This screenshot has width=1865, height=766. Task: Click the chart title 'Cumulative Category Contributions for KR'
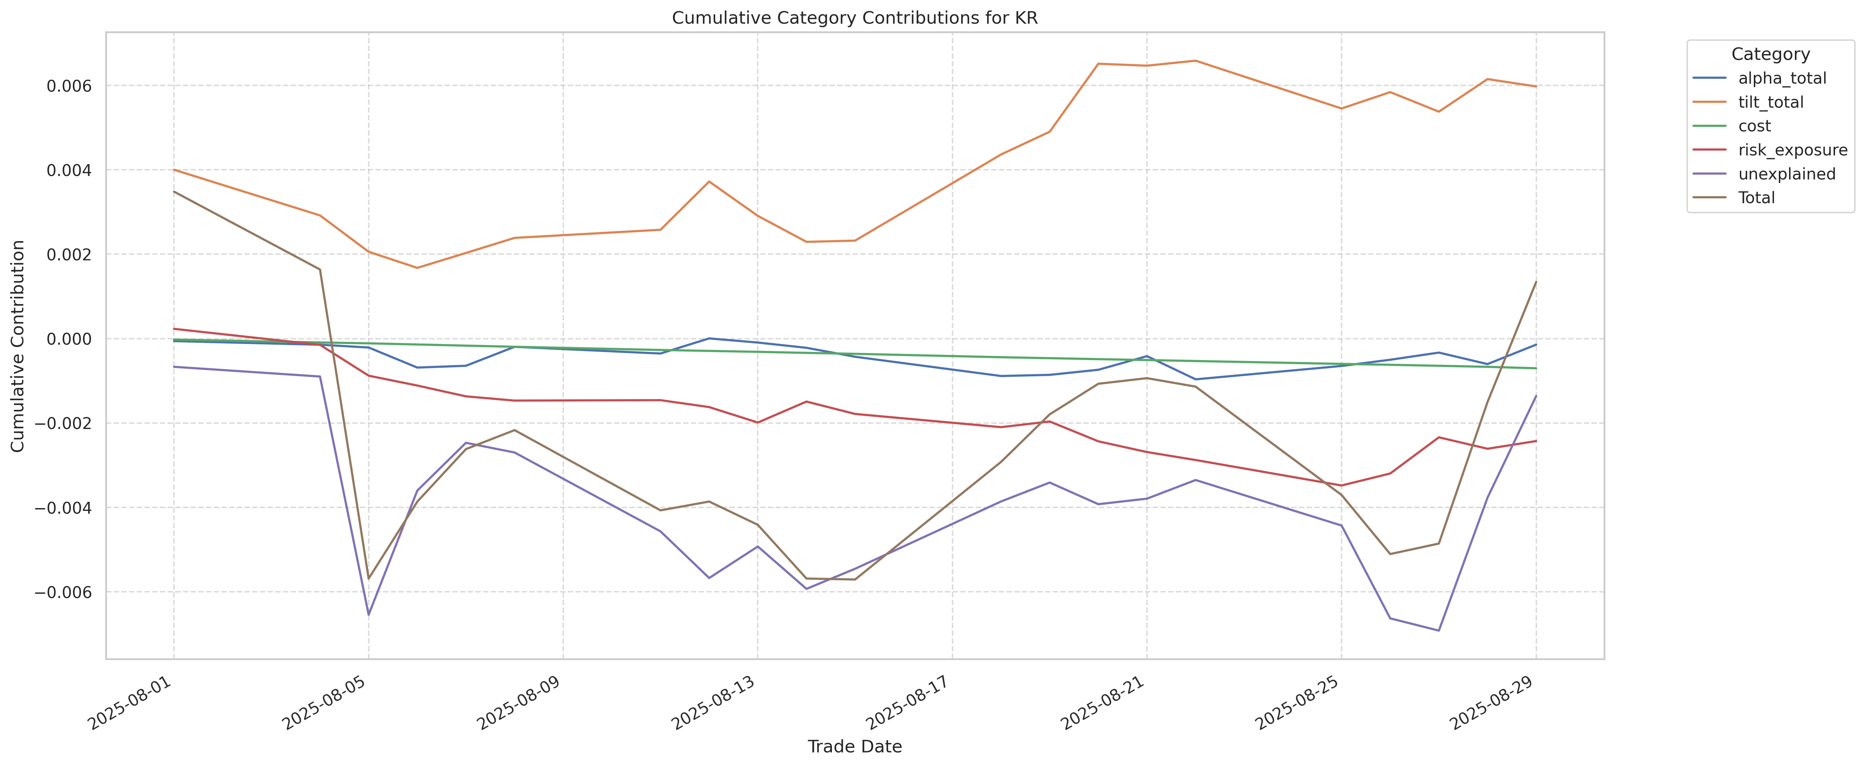pyautogui.click(x=854, y=18)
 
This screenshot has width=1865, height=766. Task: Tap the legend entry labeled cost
pyautogui.click(x=1754, y=126)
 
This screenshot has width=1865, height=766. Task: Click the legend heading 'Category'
pyautogui.click(x=1770, y=54)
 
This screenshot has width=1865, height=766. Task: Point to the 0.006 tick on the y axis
pyautogui.click(x=69, y=86)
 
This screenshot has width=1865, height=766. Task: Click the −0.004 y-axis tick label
pyautogui.click(x=64, y=507)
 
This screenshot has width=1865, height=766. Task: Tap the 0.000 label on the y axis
pyautogui.click(x=69, y=339)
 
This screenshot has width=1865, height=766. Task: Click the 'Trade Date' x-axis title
pyautogui.click(x=854, y=746)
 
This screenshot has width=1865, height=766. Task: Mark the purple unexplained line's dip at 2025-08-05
pyautogui.click(x=368, y=615)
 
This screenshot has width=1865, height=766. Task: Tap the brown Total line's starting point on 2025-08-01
pyautogui.click(x=174, y=192)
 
